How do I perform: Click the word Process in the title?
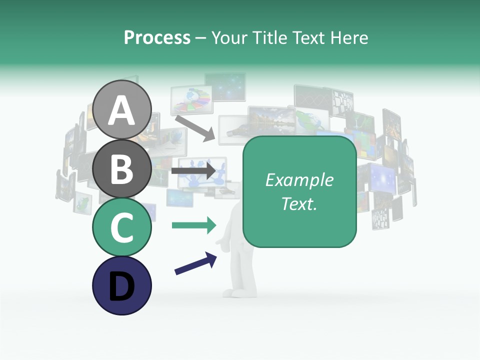pos(157,38)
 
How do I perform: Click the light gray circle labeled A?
pos(122,109)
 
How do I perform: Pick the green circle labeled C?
pos(122,227)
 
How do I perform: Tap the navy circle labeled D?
pos(122,286)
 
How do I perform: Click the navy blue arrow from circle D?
pos(195,263)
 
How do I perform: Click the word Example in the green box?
pos(299,180)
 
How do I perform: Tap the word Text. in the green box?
pos(299,204)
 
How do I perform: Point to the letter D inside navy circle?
pos(122,287)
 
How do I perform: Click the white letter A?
pos(122,110)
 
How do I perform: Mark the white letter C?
pos(122,227)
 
